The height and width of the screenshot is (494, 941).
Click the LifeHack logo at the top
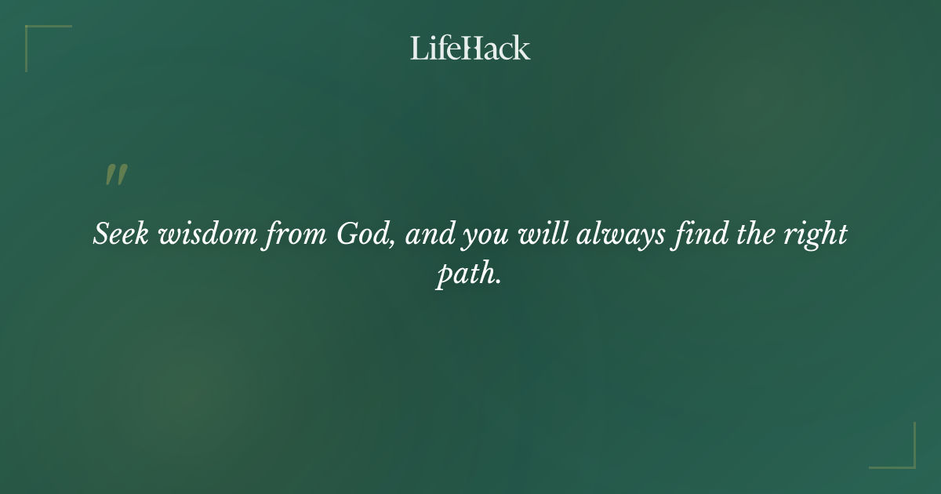pyautogui.click(x=470, y=48)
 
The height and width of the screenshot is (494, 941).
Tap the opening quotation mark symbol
pyautogui.click(x=116, y=176)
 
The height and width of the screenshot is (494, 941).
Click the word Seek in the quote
pyautogui.click(x=121, y=234)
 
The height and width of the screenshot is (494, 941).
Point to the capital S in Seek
pyautogui.click(x=101, y=234)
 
